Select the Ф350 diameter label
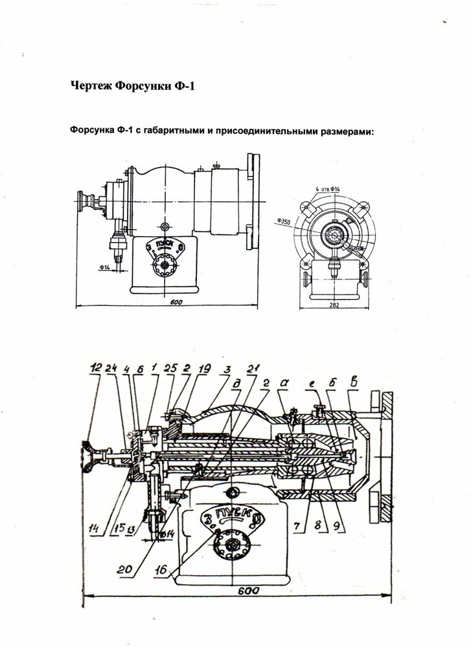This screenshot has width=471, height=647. [x=283, y=221]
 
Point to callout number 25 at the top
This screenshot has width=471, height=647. [x=170, y=369]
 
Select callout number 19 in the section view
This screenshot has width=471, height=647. [x=205, y=369]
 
